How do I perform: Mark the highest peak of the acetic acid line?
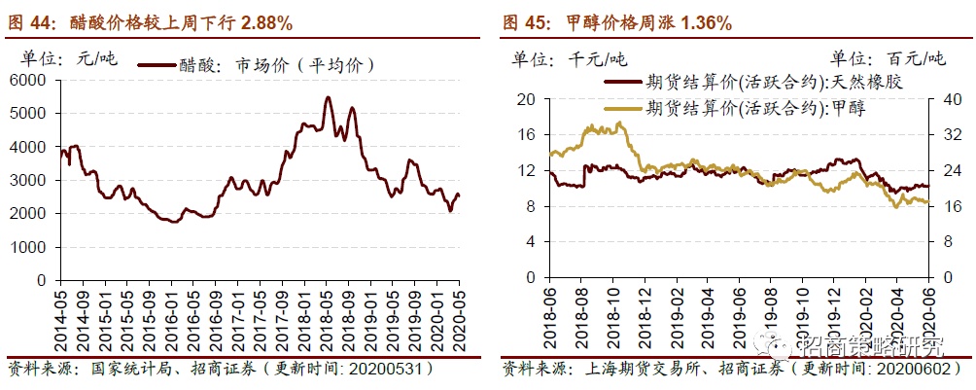pyautogui.click(x=328, y=97)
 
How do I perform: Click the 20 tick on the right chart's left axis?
pyautogui.click(x=526, y=99)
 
